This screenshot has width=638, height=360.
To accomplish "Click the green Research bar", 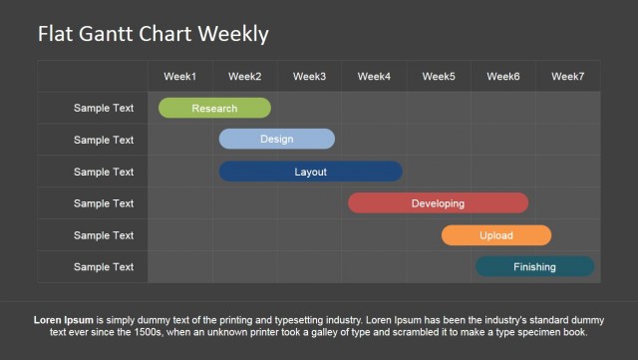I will pyautogui.click(x=214, y=108).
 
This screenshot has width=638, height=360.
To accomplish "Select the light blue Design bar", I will pyautogui.click(x=276, y=139).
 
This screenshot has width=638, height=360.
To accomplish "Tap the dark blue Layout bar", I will pyautogui.click(x=310, y=172).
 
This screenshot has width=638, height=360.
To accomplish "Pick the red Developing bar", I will pyautogui.click(x=438, y=203).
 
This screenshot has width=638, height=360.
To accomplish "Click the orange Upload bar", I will pyautogui.click(x=495, y=235).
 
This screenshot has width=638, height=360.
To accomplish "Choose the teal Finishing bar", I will pyautogui.click(x=534, y=266).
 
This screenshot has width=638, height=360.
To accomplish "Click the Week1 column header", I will pyautogui.click(x=180, y=76).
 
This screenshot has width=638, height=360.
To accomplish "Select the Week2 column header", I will pyautogui.click(x=244, y=76).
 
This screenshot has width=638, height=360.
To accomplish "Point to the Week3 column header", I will pyautogui.click(x=309, y=76).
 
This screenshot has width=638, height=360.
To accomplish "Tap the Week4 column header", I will pyautogui.click(x=374, y=76).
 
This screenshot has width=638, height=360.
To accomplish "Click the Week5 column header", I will pyautogui.click(x=439, y=76).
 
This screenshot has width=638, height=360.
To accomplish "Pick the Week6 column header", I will pyautogui.click(x=503, y=76).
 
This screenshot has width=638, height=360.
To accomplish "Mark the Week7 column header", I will pyautogui.click(x=568, y=76).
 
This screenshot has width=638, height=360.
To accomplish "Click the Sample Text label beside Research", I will pyautogui.click(x=103, y=108).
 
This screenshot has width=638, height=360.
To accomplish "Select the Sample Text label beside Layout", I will pyautogui.click(x=103, y=172).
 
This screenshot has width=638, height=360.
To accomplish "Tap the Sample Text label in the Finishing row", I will pyautogui.click(x=103, y=266).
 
